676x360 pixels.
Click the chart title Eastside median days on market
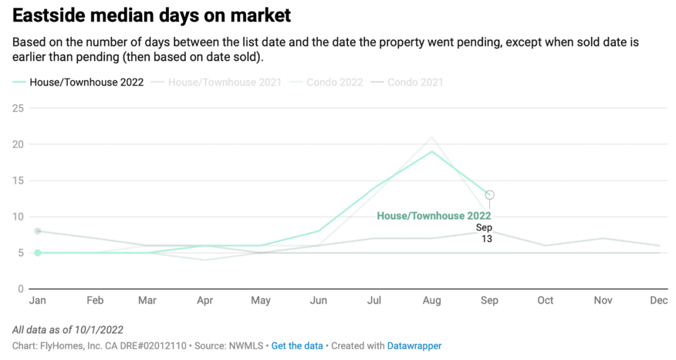(x=151, y=16)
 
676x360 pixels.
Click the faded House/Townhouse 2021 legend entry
(x=225, y=82)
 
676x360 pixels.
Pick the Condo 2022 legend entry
(x=334, y=82)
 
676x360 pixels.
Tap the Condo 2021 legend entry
(x=415, y=82)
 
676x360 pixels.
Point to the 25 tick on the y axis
(x=18, y=108)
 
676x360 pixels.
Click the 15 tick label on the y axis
(x=18, y=180)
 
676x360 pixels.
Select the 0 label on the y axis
(x=21, y=289)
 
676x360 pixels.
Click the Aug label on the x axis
(x=431, y=301)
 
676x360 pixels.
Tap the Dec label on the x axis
(x=658, y=301)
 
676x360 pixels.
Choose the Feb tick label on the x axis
(x=95, y=301)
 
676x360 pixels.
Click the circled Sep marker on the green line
(x=489, y=195)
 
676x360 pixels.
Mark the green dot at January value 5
(x=38, y=253)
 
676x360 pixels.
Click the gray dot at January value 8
(x=38, y=231)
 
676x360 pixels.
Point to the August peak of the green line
(x=432, y=152)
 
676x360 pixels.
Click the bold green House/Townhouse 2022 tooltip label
(x=434, y=216)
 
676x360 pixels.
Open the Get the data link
(x=297, y=346)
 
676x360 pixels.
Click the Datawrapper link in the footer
(x=414, y=346)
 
